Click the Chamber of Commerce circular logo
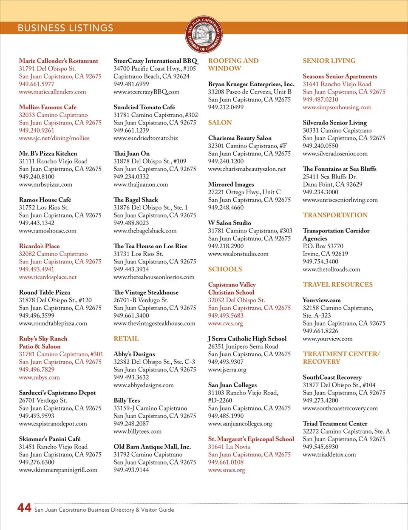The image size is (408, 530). coord(204,35)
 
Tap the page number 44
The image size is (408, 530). coord(24,507)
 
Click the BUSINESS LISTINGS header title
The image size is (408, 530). coord(65,28)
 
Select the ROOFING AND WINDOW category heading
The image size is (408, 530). coord(233,65)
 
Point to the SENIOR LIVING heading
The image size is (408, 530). coord(329,61)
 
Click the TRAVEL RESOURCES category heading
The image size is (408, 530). coord(337,284)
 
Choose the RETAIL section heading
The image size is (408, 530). coord(126,339)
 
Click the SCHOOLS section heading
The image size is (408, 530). coord(225,269)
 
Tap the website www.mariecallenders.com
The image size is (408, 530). coord(52,92)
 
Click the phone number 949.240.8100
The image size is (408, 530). coord(37,176)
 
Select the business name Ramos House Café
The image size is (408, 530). coord(45,200)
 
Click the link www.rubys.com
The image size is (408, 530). coord(39,377)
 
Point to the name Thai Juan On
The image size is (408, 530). coord(131,153)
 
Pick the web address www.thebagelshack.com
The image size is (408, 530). coord(145,231)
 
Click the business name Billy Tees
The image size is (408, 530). coord(127,400)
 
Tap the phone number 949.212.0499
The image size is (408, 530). coord(226,107)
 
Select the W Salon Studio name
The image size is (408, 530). coord(229,223)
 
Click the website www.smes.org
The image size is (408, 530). coord(227,470)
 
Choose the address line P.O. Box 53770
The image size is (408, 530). coord(323,246)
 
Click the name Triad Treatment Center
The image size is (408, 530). coord(335,424)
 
